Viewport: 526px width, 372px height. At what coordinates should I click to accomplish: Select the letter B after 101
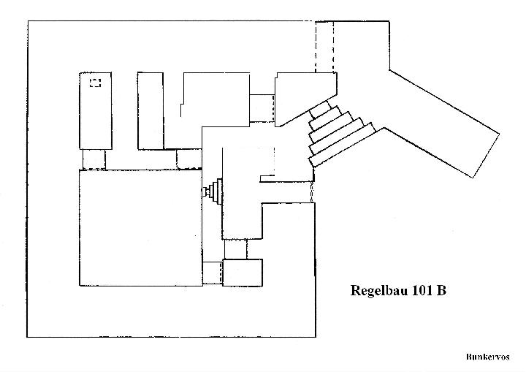(x=441, y=290)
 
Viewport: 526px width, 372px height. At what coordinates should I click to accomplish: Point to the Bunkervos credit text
(x=487, y=357)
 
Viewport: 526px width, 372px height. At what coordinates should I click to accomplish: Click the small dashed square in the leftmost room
(x=95, y=83)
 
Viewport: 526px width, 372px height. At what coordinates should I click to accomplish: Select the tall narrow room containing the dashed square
(x=96, y=110)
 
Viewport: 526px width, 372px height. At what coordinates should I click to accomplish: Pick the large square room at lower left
(x=141, y=228)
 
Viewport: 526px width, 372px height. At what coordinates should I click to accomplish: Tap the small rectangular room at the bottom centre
(x=243, y=273)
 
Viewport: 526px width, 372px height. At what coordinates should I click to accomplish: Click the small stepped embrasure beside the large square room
(x=213, y=191)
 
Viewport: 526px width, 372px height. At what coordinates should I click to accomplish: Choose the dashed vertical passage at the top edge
(x=324, y=47)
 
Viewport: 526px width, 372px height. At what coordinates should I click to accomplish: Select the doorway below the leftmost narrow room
(x=94, y=159)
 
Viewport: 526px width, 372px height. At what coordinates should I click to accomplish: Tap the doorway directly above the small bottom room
(x=235, y=249)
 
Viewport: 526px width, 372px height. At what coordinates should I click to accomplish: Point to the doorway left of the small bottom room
(x=213, y=273)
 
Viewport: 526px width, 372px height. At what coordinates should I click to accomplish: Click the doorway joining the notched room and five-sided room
(x=262, y=108)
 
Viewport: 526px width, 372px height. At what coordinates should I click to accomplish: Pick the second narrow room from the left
(x=150, y=111)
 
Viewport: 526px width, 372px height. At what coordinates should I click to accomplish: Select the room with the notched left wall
(x=216, y=99)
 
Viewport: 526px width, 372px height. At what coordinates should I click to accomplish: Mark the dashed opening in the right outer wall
(x=313, y=192)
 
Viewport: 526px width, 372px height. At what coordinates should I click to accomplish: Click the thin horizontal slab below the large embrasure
(x=267, y=178)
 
